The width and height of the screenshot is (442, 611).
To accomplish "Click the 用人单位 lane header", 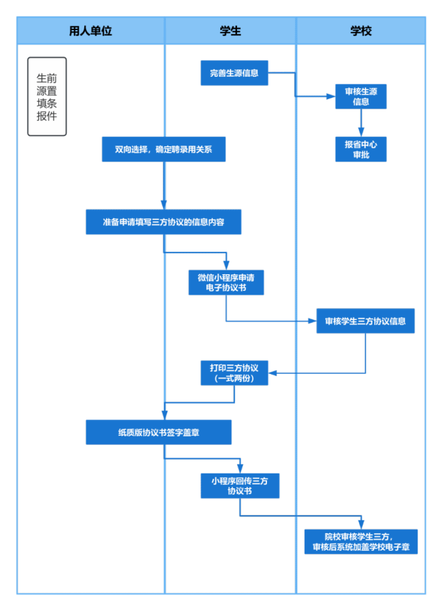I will point(91,31).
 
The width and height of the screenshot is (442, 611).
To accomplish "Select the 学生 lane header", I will point(230,31).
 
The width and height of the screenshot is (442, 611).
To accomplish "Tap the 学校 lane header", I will point(361,31).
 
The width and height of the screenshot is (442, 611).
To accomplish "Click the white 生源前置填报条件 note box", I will point(47,97).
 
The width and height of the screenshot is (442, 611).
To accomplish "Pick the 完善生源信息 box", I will point(234,73).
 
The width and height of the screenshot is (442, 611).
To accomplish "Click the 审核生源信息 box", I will point(361,96).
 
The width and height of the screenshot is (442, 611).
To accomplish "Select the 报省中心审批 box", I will point(361,149).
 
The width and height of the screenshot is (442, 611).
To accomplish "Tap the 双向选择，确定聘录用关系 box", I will point(164,149).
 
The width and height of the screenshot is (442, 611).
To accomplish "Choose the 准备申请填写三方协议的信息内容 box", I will point(164,222).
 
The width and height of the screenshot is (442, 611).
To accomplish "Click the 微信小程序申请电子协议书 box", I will point(226,282).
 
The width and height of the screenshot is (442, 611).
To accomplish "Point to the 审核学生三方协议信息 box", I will point(365,321).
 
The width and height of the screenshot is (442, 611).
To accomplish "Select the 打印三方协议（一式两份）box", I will point(234,373).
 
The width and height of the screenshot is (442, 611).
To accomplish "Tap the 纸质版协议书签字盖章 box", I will point(158,432).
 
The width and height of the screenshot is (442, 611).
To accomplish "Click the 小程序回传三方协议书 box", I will point(240,486).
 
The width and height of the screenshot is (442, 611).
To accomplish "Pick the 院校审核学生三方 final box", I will point(361,541).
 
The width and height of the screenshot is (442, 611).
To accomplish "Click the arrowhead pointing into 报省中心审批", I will point(361,132).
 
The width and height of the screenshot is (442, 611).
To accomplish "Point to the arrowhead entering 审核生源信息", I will point(330,97).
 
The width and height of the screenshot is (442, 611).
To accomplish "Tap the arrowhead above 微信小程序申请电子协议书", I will point(226,265).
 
